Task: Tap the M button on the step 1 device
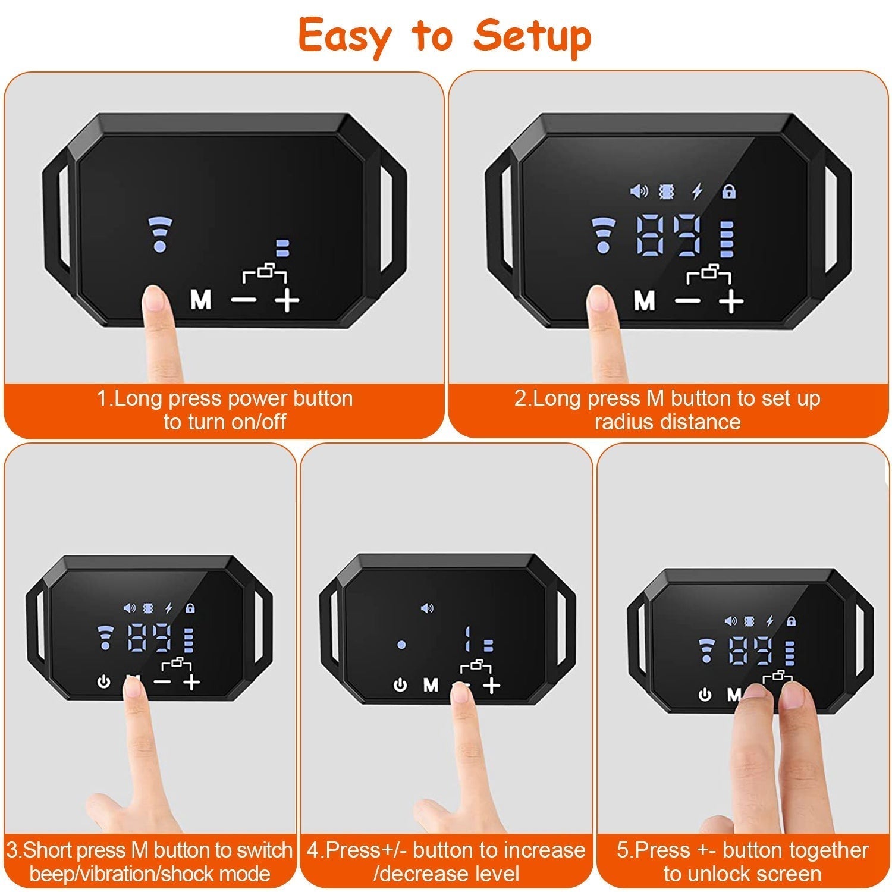(x=201, y=300)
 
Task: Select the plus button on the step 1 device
(x=287, y=301)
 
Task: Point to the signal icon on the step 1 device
(x=159, y=233)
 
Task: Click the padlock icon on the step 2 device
(x=728, y=191)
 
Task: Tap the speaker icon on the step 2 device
(x=639, y=191)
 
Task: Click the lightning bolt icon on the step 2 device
(x=697, y=191)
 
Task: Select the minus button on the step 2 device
(x=688, y=301)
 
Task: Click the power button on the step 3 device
(x=104, y=681)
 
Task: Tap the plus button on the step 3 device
(x=191, y=681)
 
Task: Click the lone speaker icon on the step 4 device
(x=426, y=608)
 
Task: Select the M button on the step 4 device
(x=431, y=686)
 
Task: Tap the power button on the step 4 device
(x=400, y=686)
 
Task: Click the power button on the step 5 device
(x=705, y=695)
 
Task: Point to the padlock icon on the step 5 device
(x=791, y=621)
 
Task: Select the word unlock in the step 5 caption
(x=721, y=874)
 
